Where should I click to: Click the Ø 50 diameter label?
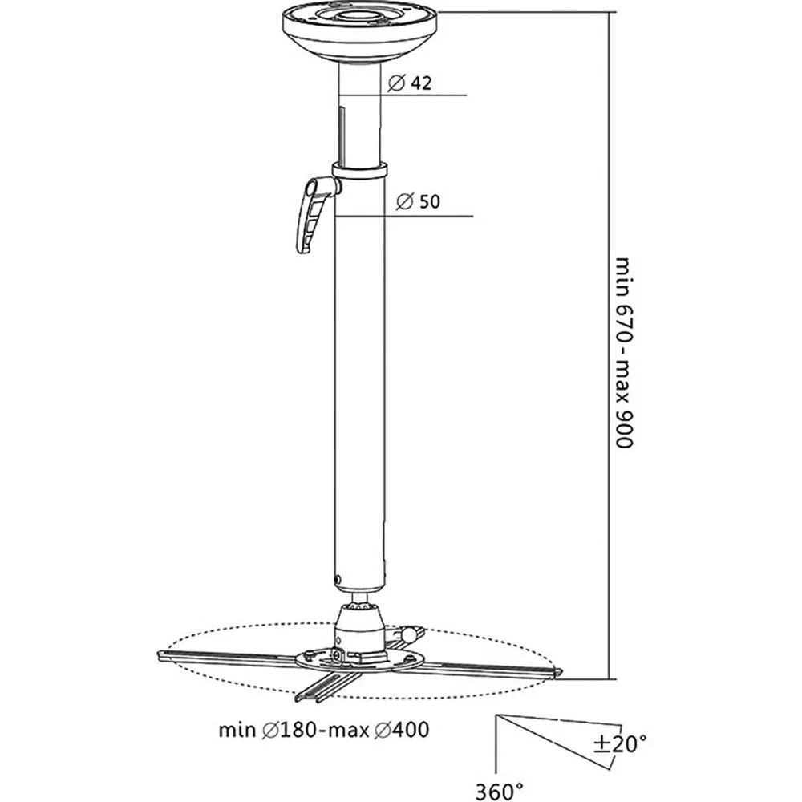[418, 202]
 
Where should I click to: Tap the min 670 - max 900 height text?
[624, 353]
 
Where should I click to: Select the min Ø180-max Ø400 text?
[323, 731]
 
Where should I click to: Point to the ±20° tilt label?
[618, 744]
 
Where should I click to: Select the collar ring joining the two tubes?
[359, 170]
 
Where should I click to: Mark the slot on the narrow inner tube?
[342, 132]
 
